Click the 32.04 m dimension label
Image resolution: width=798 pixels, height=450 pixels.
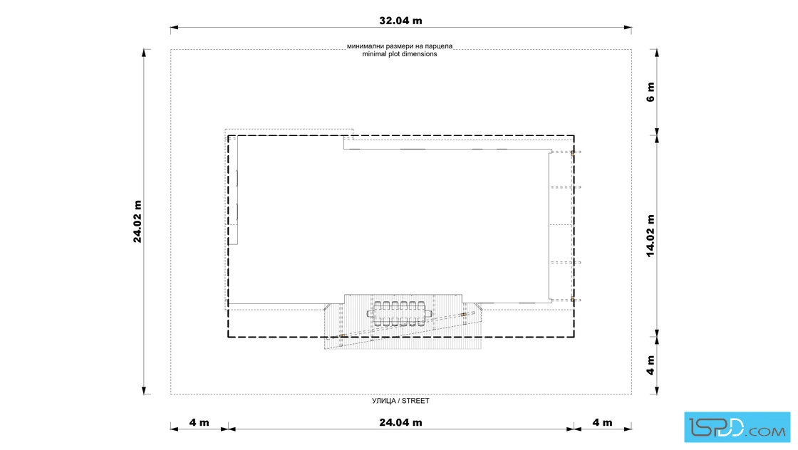(x=400, y=21)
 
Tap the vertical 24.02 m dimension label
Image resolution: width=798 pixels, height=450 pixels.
(x=138, y=221)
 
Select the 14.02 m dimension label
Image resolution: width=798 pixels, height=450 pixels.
(x=651, y=236)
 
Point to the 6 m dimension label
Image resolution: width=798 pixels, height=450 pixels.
(x=651, y=92)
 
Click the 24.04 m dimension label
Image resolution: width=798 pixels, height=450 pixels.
(x=400, y=422)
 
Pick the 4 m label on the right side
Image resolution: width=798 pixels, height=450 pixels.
(x=651, y=365)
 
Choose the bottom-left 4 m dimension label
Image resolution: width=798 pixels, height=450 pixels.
(x=199, y=422)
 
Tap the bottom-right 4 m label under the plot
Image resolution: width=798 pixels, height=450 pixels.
(x=603, y=422)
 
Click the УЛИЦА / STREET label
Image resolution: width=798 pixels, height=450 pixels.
(x=400, y=401)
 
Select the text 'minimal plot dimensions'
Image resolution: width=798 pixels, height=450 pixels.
(x=400, y=54)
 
